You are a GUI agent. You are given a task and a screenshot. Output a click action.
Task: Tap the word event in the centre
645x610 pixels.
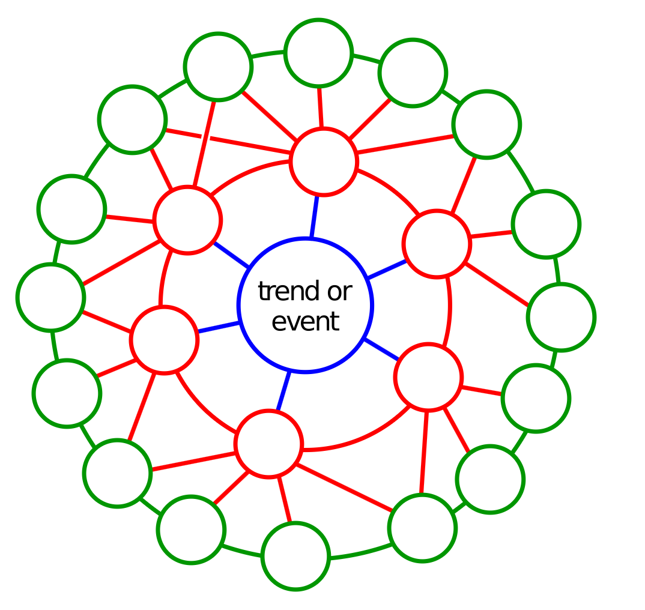pyautogui.click(x=305, y=321)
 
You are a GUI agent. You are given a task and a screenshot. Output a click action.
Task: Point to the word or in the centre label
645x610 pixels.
pyautogui.click(x=339, y=292)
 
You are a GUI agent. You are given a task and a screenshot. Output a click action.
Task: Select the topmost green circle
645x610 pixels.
pyautogui.click(x=318, y=53)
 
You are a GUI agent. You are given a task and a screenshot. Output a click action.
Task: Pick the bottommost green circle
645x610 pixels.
pyautogui.click(x=295, y=556)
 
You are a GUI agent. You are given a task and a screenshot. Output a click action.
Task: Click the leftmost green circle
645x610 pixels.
pyautogui.click(x=50, y=297)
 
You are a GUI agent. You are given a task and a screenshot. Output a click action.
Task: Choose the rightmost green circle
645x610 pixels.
pyautogui.click(x=561, y=317)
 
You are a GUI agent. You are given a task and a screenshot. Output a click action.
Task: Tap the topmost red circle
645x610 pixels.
pyautogui.click(x=323, y=162)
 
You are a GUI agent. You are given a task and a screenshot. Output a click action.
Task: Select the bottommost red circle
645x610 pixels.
pyautogui.click(x=268, y=444)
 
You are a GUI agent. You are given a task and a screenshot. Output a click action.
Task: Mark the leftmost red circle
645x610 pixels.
pyautogui.click(x=164, y=340)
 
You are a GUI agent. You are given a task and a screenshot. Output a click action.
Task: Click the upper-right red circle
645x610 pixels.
pyautogui.click(x=437, y=244)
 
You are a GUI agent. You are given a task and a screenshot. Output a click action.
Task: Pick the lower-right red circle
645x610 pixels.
pyautogui.click(x=428, y=377)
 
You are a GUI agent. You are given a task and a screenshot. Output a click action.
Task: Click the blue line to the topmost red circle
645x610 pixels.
pyautogui.click(x=314, y=217)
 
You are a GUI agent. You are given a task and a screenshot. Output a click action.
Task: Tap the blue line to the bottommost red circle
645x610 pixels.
pyautogui.click(x=283, y=391)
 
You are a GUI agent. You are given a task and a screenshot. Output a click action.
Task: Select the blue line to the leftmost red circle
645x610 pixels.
pyautogui.click(x=219, y=327)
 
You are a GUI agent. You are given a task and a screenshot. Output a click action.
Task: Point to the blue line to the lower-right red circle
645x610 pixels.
pyautogui.click(x=381, y=349)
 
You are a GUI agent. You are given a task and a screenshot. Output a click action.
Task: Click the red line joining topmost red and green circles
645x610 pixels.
pyautogui.click(x=320, y=107)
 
